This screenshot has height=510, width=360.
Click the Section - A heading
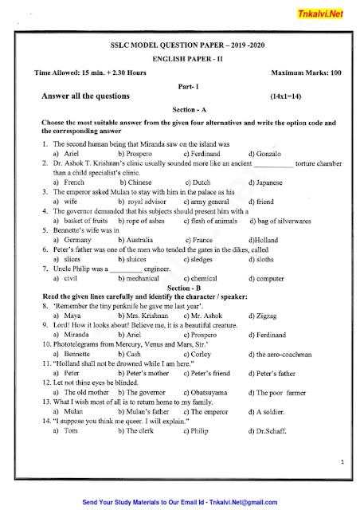point(180,108)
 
